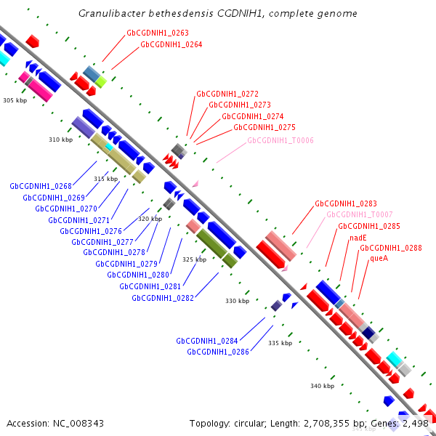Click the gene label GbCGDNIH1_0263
pos(158,33)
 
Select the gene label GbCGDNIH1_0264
pos(171,44)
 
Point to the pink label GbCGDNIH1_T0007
pos(359,214)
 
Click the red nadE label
pos(358,238)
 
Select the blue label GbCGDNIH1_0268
pos(41,186)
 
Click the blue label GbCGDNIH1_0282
pos(163,298)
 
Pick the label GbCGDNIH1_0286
pos(218,352)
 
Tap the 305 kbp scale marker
pos(15,100)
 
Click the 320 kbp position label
pos(150,219)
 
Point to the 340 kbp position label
pos(322,386)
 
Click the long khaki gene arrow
pos(116,155)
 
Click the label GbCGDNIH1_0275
pos(264,127)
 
